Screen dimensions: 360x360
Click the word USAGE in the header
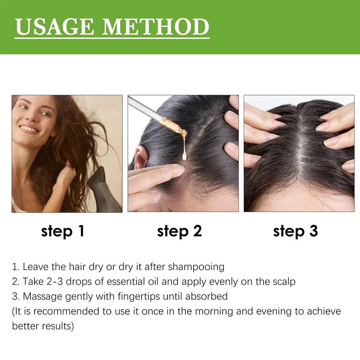point(54,27)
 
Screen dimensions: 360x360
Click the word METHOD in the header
point(156,27)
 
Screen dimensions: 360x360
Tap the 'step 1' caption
point(62,231)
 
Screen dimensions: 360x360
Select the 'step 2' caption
point(179,231)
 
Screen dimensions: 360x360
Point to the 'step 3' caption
point(296,231)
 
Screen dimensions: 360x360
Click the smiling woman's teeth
point(29,129)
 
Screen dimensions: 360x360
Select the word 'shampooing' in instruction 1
point(196,267)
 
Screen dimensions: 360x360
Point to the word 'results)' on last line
point(58,326)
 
